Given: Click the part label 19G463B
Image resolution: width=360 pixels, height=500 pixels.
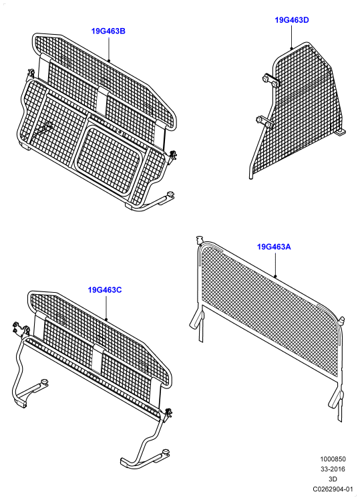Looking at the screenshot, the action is pos(108,31).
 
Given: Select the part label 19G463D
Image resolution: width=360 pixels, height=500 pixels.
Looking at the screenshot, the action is pos(292,20).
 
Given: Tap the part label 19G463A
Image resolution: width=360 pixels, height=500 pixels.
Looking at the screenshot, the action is pos(274,247).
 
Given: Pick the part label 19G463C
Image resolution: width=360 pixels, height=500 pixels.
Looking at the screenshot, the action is pos(105,290).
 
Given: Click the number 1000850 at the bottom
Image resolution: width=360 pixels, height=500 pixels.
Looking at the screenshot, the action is pos(333,459).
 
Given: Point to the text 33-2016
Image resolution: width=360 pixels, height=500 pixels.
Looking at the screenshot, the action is pos(333,469).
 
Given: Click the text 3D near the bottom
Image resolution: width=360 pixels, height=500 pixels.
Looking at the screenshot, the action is pos(333,479).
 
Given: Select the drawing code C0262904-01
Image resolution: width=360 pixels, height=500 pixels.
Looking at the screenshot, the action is pos(333,489).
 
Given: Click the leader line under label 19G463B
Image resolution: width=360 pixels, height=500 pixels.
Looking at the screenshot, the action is pos(109,49).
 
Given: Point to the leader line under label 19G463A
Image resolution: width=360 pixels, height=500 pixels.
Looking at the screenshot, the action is pos(275,264).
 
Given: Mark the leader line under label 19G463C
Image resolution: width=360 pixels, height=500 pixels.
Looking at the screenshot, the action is pos(106,307).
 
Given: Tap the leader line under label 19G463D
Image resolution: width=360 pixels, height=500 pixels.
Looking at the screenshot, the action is pos(291,37).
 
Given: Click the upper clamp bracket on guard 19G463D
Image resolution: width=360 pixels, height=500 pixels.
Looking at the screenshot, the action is pos(271,80).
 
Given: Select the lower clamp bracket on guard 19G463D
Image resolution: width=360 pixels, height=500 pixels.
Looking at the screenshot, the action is pos(264,122).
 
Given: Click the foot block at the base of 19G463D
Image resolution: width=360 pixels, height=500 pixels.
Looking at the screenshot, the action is pos(341,132).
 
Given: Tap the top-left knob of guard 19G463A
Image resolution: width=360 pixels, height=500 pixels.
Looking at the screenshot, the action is pos(200,239).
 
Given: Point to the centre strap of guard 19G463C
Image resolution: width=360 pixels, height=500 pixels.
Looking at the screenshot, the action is pos(97,358).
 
